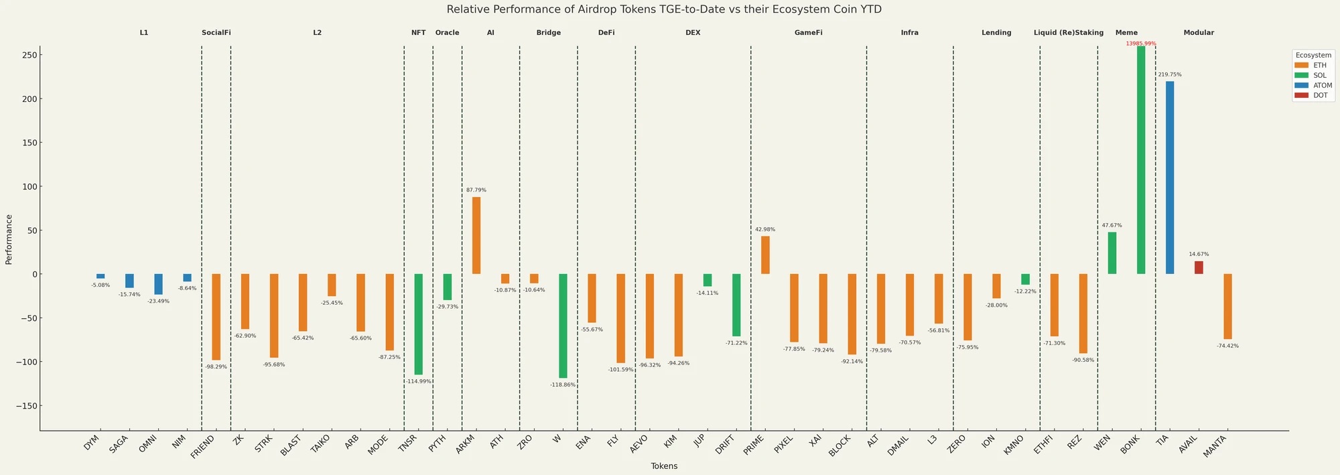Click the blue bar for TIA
coord(1170,178)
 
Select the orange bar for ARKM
coord(476,235)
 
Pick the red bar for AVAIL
coord(1199,267)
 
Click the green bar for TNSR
coord(419,324)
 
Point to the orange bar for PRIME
coord(765,255)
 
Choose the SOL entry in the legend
coord(1310,76)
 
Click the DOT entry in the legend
coord(1310,96)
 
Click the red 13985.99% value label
coord(1141,44)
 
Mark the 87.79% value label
coord(476,190)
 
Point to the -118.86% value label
coord(563,385)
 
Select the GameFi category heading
coord(808,33)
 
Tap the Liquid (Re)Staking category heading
coord(1069,33)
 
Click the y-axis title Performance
coord(9,239)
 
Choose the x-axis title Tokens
coord(664,466)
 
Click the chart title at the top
coord(664,9)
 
